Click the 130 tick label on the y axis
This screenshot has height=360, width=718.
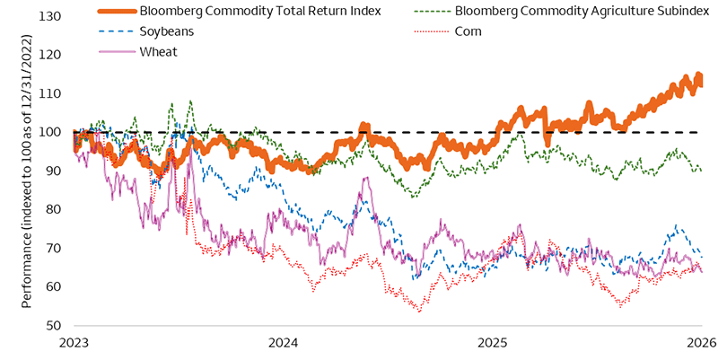click(52, 16)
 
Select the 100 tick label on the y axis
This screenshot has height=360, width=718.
click(52, 132)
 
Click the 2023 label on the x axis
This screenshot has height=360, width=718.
click(74, 344)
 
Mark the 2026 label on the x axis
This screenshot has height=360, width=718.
click(700, 344)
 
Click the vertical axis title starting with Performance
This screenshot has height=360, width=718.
click(27, 171)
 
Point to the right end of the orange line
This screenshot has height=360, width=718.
click(701, 81)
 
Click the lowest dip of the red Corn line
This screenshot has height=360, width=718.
click(418, 311)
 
